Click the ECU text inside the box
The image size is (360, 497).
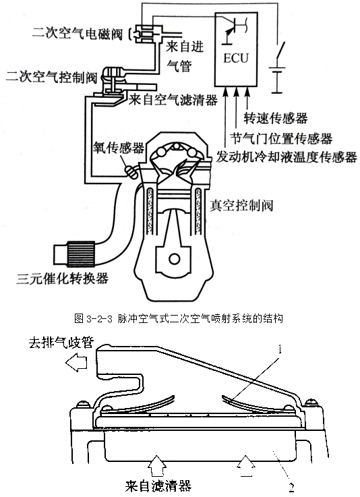[236, 58]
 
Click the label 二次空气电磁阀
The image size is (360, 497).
[78, 33]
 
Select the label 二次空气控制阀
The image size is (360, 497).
[51, 77]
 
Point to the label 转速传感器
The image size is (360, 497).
[276, 118]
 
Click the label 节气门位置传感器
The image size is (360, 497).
[281, 138]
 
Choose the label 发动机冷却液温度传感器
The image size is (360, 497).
[287, 157]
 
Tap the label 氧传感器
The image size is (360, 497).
[119, 148]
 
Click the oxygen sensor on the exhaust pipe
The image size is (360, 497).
[131, 171]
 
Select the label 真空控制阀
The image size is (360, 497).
[241, 206]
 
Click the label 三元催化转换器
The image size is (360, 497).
[63, 279]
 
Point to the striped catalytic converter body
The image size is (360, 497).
[81, 254]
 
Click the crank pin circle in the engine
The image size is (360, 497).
[175, 259]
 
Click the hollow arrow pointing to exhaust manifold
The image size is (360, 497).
[76, 362]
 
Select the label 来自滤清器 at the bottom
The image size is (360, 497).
[158, 486]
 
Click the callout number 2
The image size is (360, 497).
[291, 487]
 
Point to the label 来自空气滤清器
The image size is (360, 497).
[173, 100]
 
